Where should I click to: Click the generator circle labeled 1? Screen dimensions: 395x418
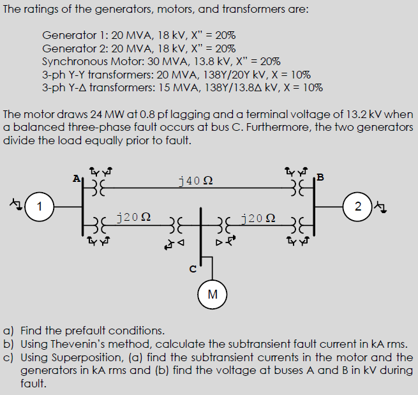[40, 205]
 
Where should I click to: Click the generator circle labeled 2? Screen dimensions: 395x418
[357, 205]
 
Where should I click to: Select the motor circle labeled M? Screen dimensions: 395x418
[213, 294]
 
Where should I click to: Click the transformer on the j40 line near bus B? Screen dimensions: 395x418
[297, 189]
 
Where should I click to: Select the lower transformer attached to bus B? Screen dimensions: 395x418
[297, 224]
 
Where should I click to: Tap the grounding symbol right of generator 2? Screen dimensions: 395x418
[382, 206]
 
